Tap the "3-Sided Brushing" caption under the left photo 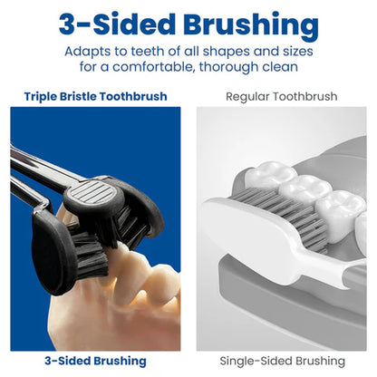tap(95, 362)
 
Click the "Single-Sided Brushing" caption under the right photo tap(282, 362)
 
